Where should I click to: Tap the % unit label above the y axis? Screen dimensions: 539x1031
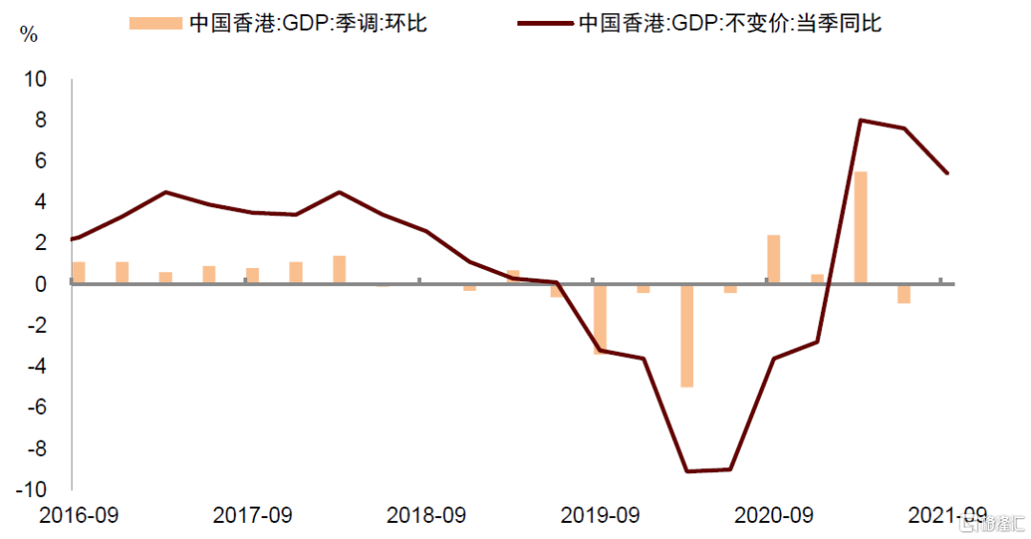30,36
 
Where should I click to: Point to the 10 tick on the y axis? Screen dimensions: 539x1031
34,79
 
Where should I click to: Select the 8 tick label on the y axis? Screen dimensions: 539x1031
40,120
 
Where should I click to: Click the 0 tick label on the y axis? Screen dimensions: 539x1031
40,284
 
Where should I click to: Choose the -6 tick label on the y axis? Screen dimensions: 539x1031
34,407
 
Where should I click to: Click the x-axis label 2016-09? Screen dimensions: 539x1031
78,515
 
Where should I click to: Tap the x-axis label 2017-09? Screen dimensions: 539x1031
252,515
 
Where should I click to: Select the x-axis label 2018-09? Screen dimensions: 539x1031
426,515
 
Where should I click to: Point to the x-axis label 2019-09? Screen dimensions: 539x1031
600,515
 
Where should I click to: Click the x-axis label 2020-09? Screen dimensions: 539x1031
773,515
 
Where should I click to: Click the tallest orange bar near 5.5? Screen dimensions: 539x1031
860,227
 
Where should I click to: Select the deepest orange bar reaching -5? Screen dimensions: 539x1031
686,335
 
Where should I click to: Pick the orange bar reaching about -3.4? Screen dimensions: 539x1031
600,319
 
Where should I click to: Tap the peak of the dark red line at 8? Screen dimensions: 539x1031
860,120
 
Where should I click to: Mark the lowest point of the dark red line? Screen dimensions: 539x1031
686,471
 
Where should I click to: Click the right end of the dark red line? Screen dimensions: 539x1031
947,173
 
